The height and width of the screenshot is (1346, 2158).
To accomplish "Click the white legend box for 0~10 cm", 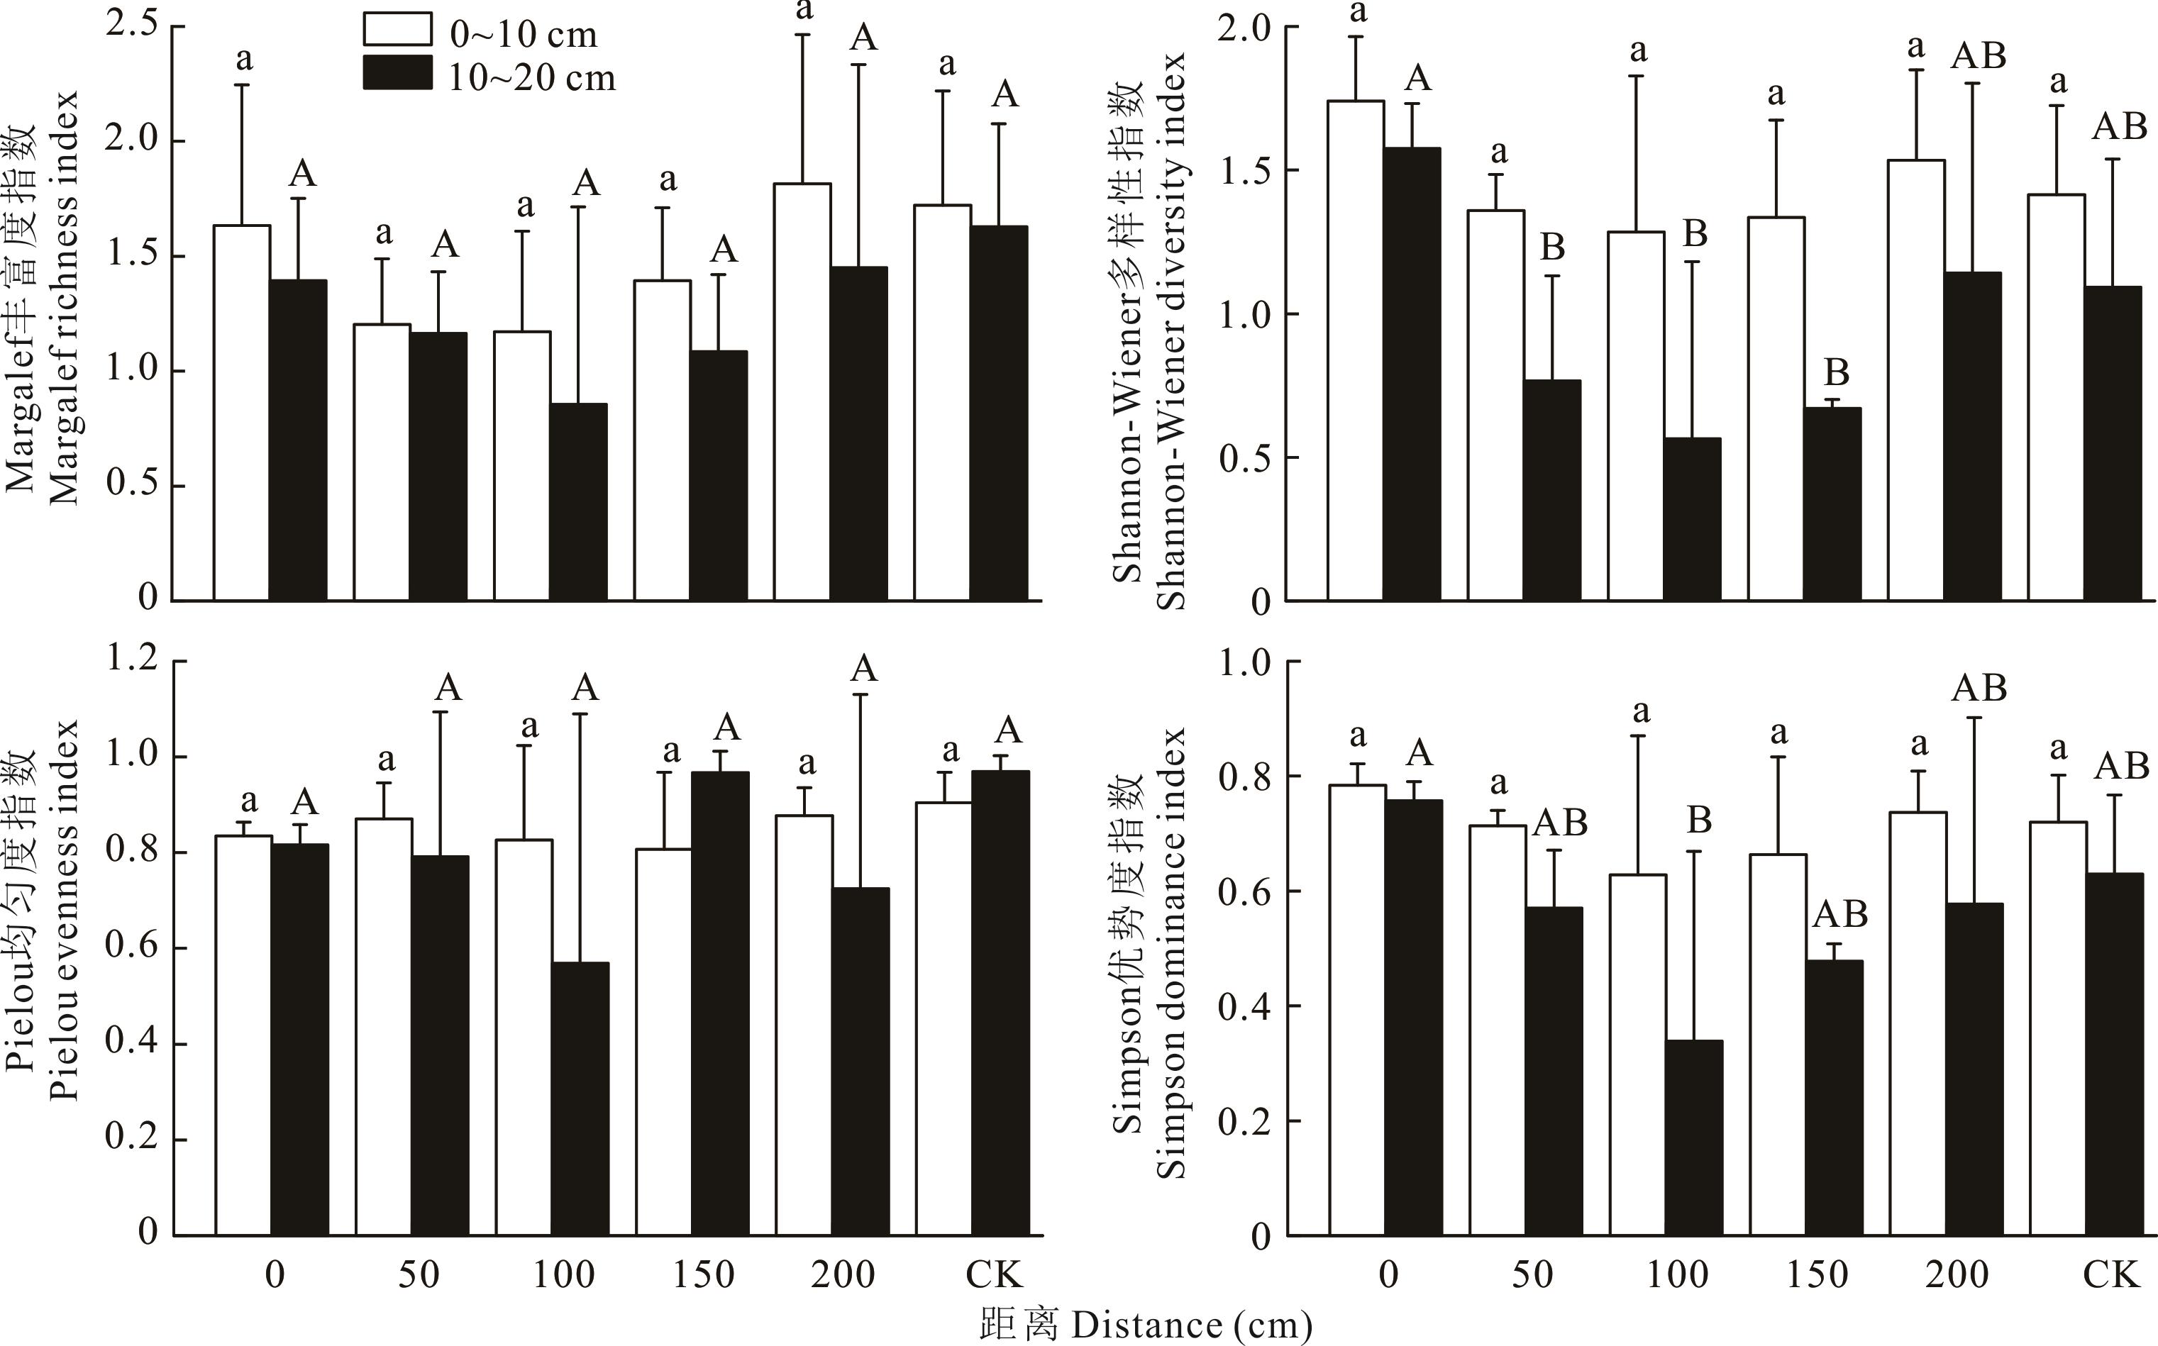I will click(397, 29).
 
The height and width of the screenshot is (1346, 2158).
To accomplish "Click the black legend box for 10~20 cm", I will click(397, 73).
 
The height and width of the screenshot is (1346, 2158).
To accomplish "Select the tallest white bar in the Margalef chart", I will click(802, 391).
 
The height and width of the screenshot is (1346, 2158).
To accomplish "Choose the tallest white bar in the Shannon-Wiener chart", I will click(1356, 351).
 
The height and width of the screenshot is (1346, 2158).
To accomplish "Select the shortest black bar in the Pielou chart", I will click(580, 1099).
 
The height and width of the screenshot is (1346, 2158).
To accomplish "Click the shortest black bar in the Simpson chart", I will click(1694, 1138).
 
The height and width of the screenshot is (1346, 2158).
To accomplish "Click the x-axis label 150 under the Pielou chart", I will click(703, 1275).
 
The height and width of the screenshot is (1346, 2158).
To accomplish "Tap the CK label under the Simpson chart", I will click(2110, 1275).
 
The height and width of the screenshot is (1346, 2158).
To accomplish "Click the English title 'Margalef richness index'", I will click(64, 299).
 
